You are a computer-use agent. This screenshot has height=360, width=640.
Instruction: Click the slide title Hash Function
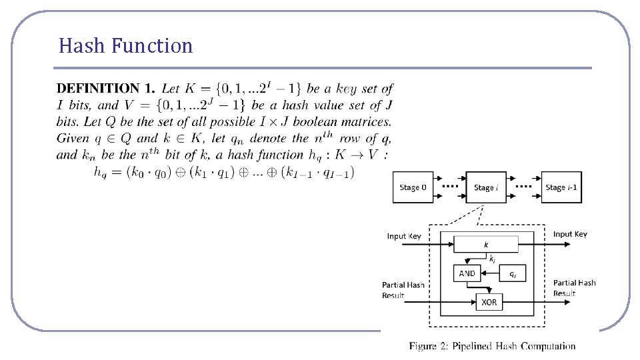pyautogui.click(x=125, y=46)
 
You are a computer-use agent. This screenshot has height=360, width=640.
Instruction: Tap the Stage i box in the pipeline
pyautogui.click(x=485, y=187)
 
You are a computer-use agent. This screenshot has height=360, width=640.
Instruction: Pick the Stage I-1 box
pyautogui.click(x=561, y=187)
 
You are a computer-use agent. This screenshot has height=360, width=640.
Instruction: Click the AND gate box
pyautogui.click(x=467, y=273)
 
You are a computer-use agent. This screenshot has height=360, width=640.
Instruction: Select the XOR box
pyautogui.click(x=489, y=302)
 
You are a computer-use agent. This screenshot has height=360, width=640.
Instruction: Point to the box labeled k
pyautogui.click(x=486, y=245)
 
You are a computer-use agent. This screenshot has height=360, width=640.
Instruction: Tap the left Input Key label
pyautogui.click(x=404, y=236)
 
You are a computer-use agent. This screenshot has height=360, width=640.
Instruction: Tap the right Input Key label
pyautogui.click(x=570, y=234)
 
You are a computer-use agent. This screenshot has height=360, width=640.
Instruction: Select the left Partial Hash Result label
pyautogui.click(x=403, y=290)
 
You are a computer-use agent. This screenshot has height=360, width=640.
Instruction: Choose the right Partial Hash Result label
pyautogui.click(x=574, y=288)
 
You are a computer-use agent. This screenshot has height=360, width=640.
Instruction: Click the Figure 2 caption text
pyautogui.click(x=492, y=345)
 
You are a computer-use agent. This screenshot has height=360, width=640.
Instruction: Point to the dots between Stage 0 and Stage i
pyautogui.click(x=451, y=187)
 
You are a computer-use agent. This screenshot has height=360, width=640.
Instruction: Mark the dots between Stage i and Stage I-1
pyautogui.click(x=524, y=187)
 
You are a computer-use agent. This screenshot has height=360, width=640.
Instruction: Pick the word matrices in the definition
pyautogui.click(x=369, y=121)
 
